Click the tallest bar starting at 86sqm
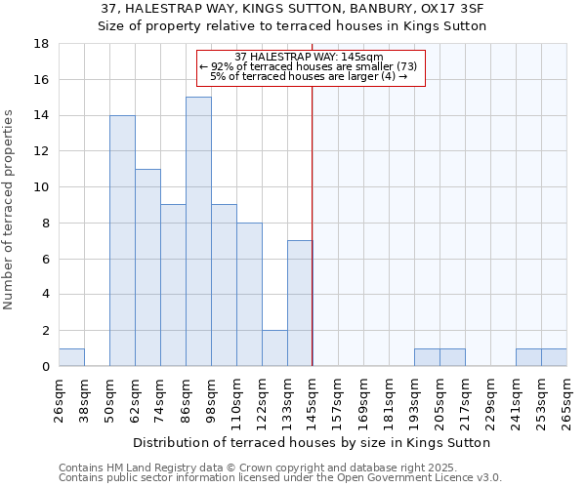[198, 231]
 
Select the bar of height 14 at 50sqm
[122, 240]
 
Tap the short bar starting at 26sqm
[71, 357]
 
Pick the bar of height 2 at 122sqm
[274, 347]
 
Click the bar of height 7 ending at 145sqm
[300, 303]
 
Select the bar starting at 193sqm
[427, 357]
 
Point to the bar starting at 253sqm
[554, 357]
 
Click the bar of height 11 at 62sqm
[147, 267]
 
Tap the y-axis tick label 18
[41, 44]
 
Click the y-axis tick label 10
[41, 187]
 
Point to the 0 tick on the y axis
[45, 366]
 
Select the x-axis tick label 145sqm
[313, 400]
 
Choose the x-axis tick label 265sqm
[566, 400]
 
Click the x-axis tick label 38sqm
[84, 400]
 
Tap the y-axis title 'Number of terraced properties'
[9, 210]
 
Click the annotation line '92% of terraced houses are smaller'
[312, 66]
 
